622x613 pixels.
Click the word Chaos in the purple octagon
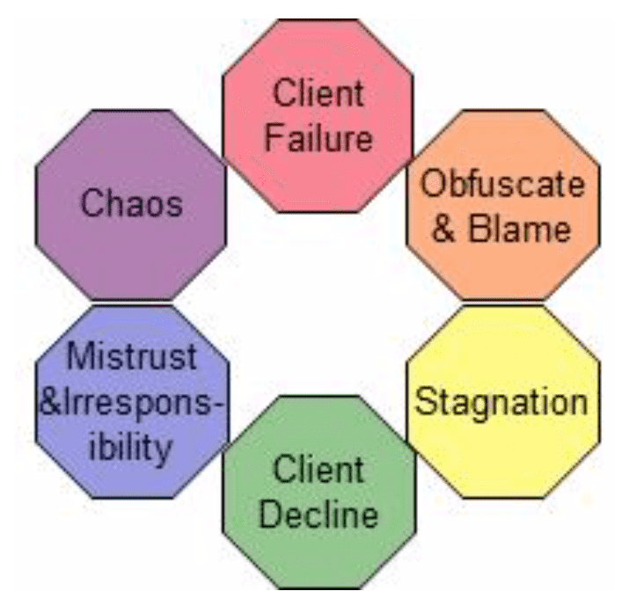(x=132, y=204)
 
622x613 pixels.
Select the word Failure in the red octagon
(x=318, y=138)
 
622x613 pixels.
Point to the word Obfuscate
(x=501, y=185)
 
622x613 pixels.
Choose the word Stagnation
(x=501, y=403)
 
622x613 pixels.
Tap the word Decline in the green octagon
(x=318, y=514)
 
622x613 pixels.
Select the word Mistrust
(x=132, y=359)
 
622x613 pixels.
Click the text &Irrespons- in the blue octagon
(x=132, y=403)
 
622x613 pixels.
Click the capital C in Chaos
(x=91, y=204)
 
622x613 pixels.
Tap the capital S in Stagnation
(x=425, y=403)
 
